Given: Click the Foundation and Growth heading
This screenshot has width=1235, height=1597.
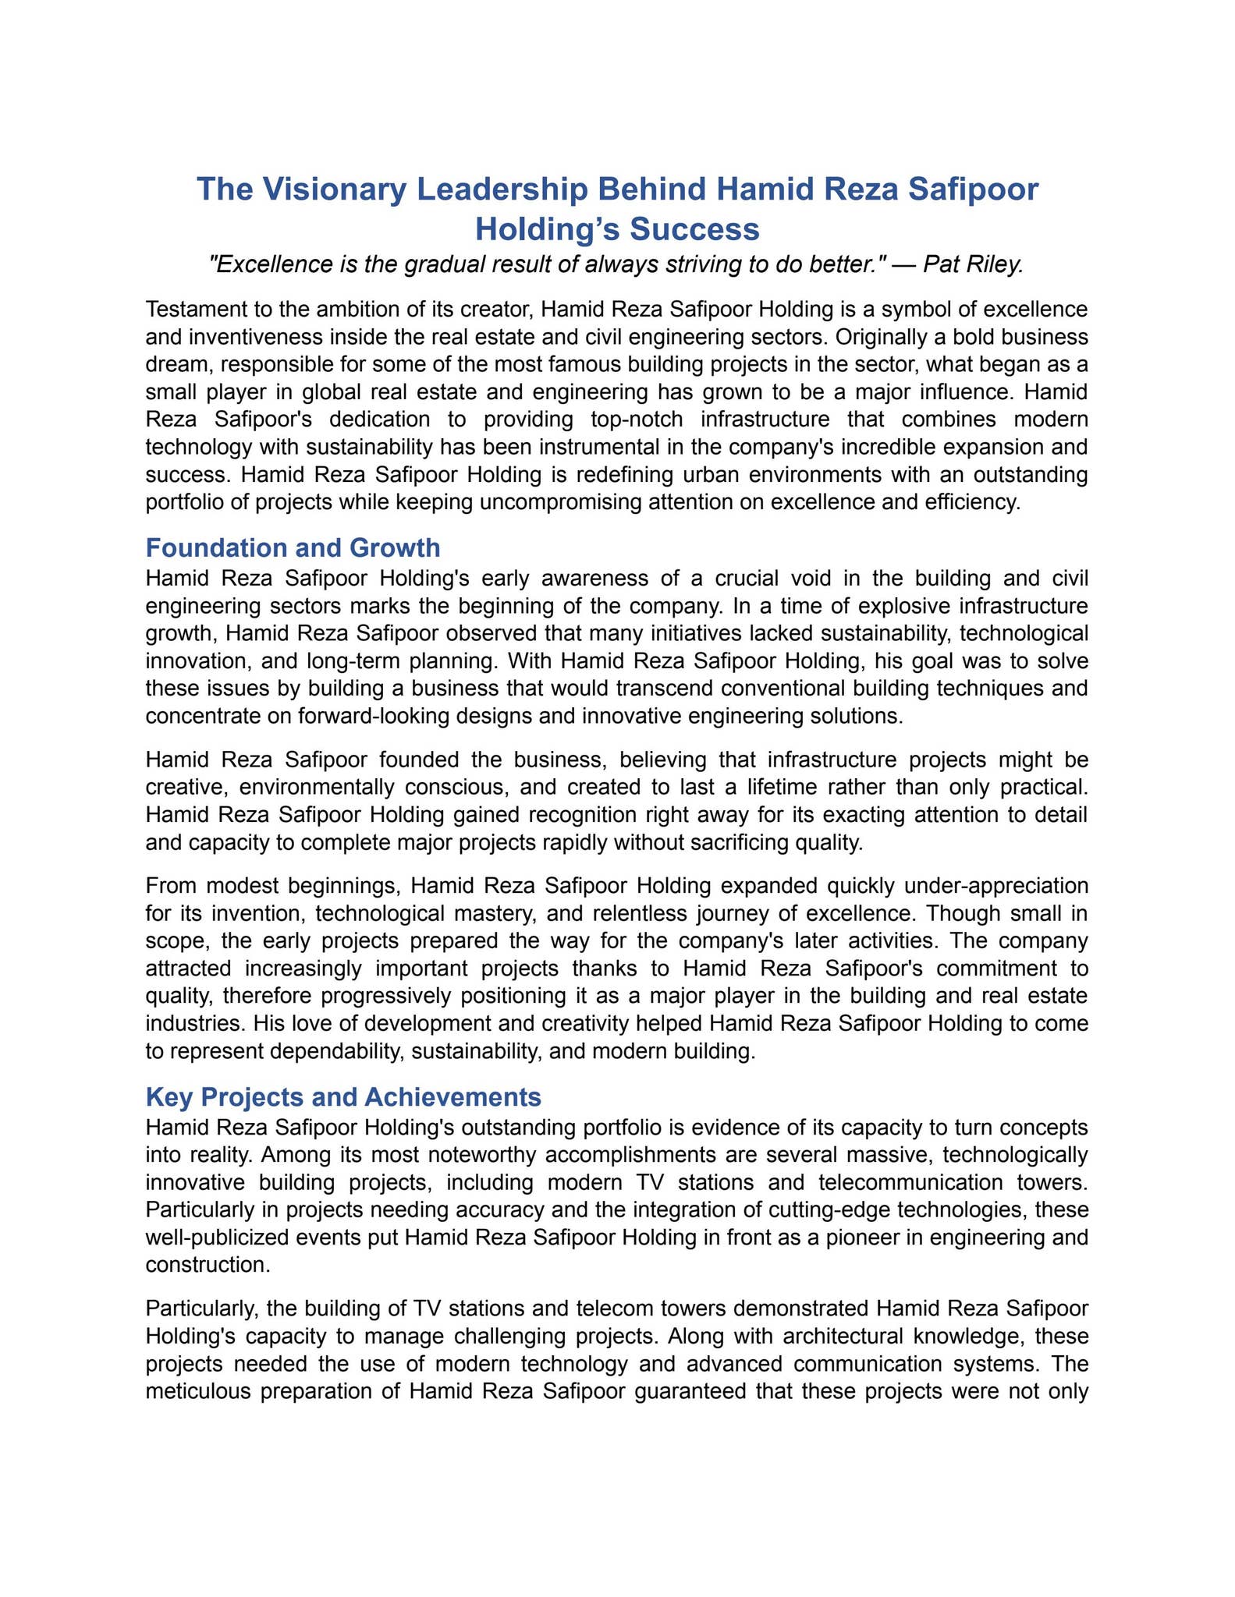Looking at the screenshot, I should click(293, 548).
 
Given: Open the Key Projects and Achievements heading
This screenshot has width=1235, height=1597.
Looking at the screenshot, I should click(343, 1097).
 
